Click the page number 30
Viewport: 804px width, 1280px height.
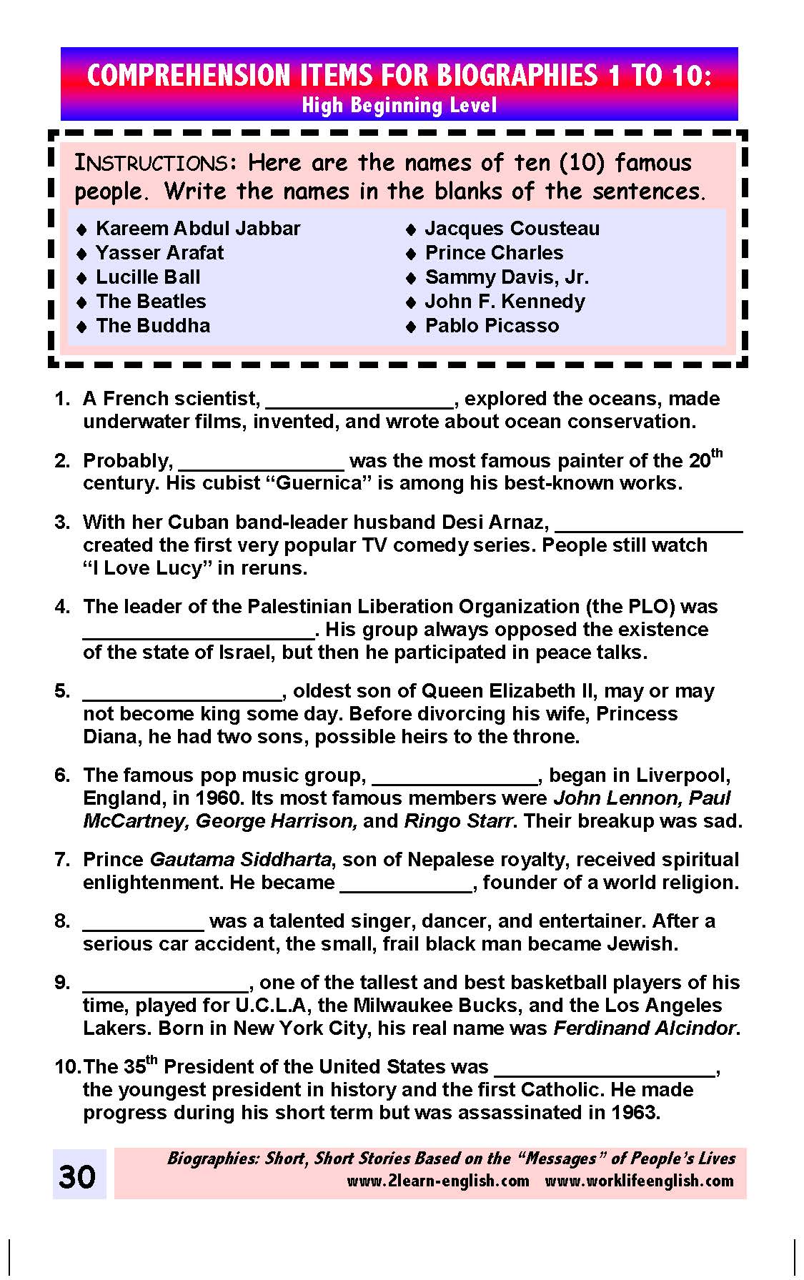pos(77,1176)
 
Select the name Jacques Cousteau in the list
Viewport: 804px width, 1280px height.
pos(512,229)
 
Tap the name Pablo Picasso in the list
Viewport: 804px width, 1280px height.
pos(492,326)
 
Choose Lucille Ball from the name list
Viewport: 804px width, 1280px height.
pos(148,277)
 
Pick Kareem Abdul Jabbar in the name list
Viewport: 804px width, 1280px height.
pos(198,229)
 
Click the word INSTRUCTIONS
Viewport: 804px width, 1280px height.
pos(151,164)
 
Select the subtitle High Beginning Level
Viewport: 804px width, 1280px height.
pos(399,106)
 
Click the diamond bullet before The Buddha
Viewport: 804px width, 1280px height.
pos(82,327)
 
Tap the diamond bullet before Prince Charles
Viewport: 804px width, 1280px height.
pos(411,254)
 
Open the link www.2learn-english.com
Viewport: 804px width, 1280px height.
pos(438,1181)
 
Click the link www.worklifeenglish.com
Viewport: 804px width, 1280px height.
pos(639,1181)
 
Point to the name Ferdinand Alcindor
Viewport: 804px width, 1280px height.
pos(645,1028)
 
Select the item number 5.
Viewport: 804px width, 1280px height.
pos(62,691)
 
